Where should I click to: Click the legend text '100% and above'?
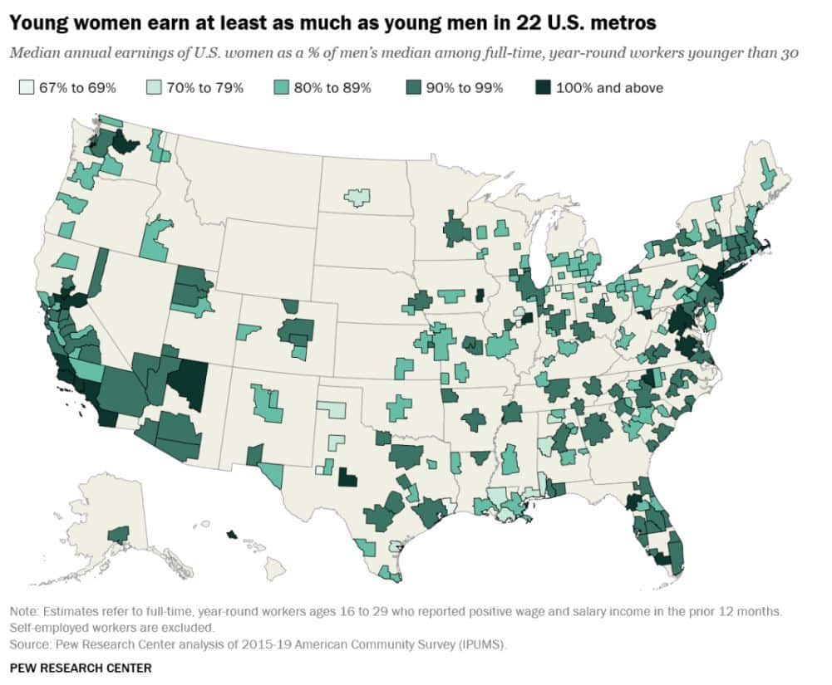(609, 87)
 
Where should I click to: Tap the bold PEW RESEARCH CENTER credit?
(81, 668)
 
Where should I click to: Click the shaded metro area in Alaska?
(119, 534)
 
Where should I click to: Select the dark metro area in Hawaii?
(231, 534)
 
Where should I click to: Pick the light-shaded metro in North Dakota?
(357, 198)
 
